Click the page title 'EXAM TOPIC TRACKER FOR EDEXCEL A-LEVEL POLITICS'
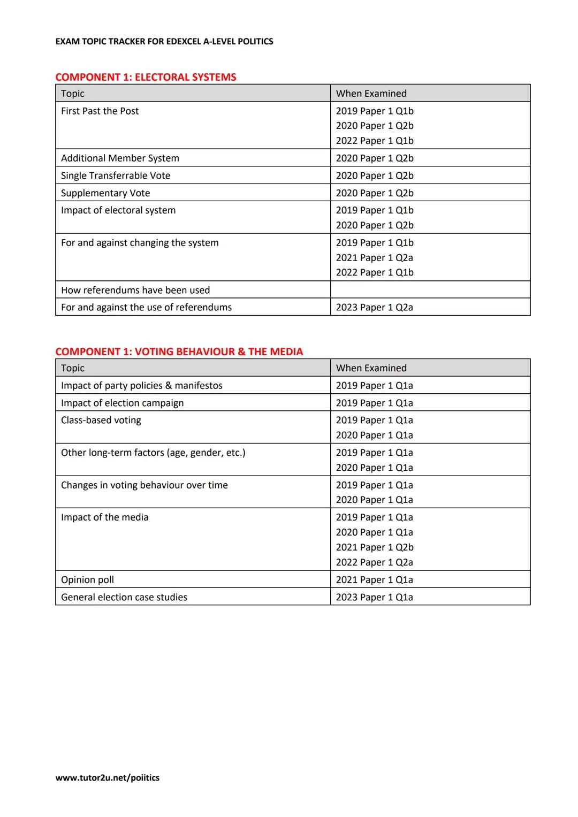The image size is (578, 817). pyautogui.click(x=164, y=41)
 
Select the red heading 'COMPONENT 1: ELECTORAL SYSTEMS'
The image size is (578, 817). pyautogui.click(x=146, y=77)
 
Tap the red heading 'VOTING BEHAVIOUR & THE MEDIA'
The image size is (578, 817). pyautogui.click(x=218, y=352)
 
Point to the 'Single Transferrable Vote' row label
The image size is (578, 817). pyautogui.click(x=116, y=175)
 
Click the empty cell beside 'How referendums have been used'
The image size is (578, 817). pyautogui.click(x=430, y=289)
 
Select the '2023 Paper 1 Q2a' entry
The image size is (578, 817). pyautogui.click(x=374, y=307)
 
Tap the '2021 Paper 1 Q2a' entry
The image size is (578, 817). pyautogui.click(x=374, y=257)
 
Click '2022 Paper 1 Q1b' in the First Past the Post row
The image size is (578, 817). pyautogui.click(x=374, y=141)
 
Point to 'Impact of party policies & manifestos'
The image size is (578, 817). pyautogui.click(x=142, y=385)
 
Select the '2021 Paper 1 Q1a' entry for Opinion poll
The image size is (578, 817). pyautogui.click(x=374, y=579)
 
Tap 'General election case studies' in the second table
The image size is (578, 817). pyautogui.click(x=124, y=597)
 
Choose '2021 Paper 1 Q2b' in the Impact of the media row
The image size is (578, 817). pyautogui.click(x=374, y=547)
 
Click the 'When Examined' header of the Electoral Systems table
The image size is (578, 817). pyautogui.click(x=371, y=93)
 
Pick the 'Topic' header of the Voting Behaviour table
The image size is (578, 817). pyautogui.click(x=73, y=368)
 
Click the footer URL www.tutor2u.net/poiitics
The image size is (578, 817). pyautogui.click(x=107, y=777)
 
